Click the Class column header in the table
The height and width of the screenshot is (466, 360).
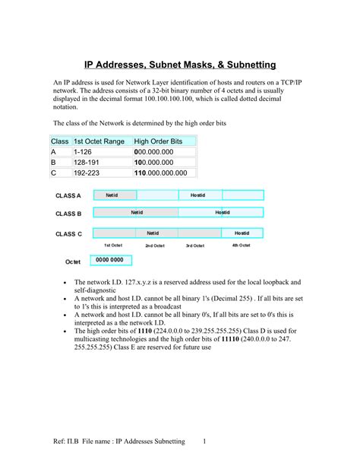(x=60, y=141)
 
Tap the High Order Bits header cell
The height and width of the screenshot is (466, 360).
(x=158, y=141)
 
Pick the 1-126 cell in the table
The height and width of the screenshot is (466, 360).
(x=84, y=152)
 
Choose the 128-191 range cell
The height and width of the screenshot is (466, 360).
(x=87, y=163)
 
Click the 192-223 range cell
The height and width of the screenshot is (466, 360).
(x=87, y=173)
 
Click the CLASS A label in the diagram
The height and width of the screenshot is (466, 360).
(x=68, y=196)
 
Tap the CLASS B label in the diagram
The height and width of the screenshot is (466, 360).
(x=68, y=214)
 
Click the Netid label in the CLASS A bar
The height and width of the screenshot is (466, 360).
(x=112, y=195)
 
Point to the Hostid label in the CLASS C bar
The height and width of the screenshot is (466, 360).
(x=242, y=233)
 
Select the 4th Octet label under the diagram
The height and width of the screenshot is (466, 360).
(x=241, y=246)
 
